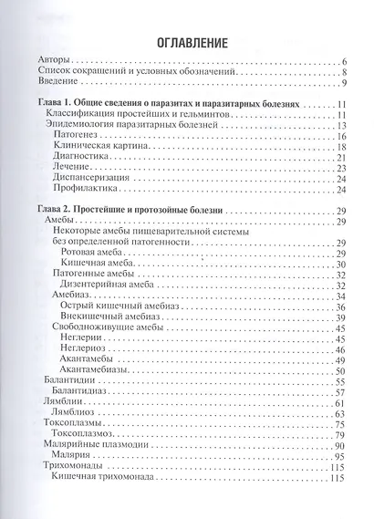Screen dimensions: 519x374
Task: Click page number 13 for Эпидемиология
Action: pyautogui.click(x=338, y=125)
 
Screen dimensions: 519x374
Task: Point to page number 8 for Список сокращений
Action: pyautogui.click(x=341, y=73)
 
